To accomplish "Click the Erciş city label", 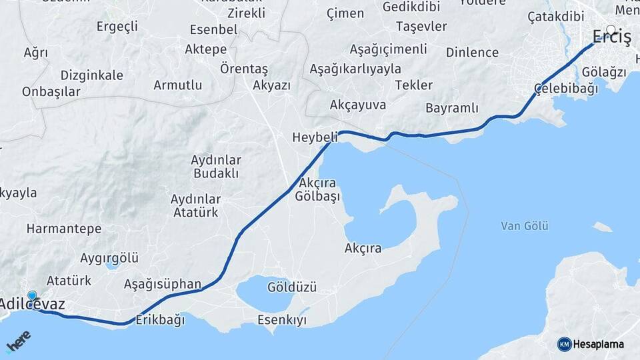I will pos(611,37).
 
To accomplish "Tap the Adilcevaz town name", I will pos(32,305).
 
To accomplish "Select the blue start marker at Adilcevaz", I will pos(31,295).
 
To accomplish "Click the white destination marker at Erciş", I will pos(611,29).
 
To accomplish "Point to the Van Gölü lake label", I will pos(525,227).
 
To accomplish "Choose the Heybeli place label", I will pos(315,137).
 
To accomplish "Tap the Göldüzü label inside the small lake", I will pos(291,287).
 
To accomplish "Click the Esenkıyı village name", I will pos(282,320).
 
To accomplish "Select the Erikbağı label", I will pos(160,319).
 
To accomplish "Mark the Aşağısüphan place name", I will pos(163,285).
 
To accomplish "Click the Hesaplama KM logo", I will pos(590,344).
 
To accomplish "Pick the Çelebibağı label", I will pos(565,89).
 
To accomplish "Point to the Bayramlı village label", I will pos(452,108).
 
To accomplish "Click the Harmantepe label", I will pos(64,229).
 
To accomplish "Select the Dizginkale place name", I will pos(91,75).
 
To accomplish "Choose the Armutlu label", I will pos(177,85).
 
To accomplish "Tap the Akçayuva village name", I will pos(358,105).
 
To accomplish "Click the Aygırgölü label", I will pos(109,258).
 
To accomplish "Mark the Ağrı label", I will pos(36,52).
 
